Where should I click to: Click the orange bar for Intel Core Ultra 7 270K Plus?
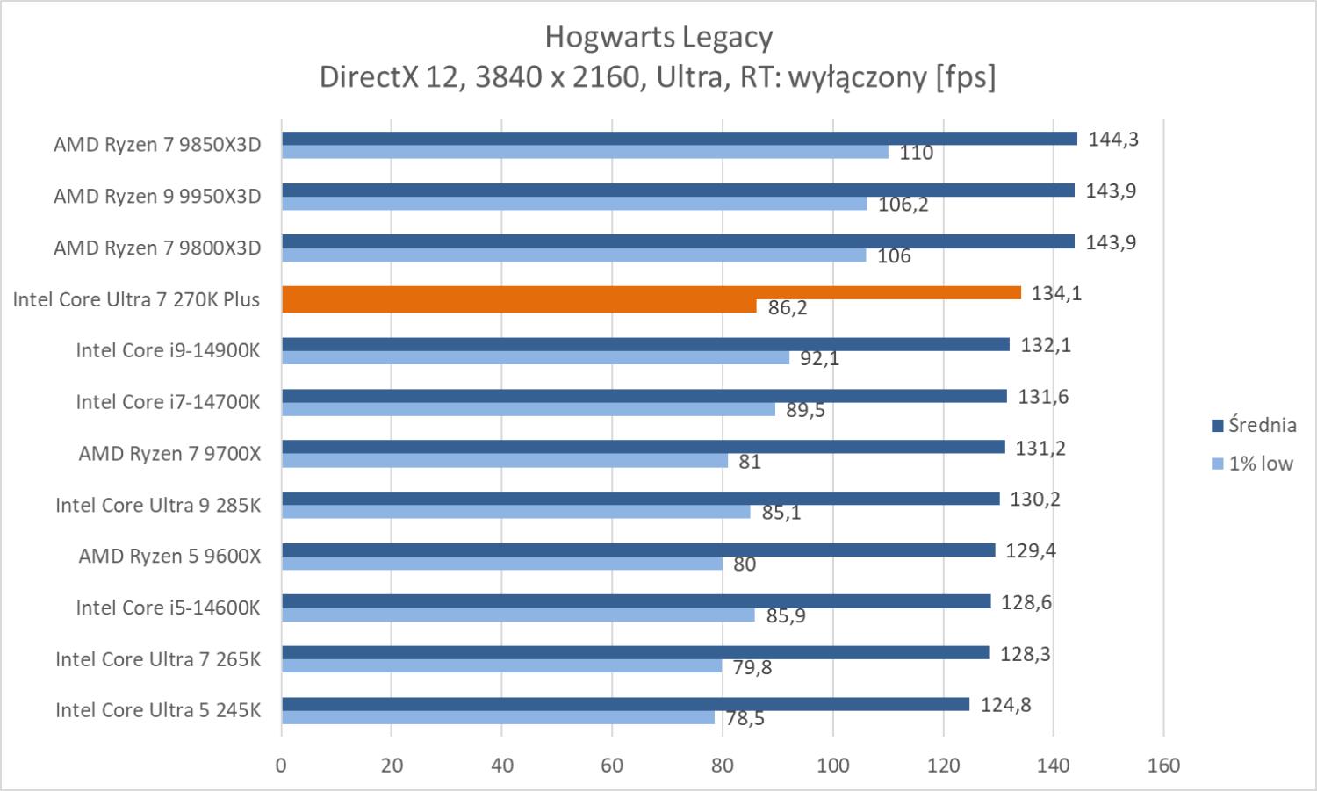[x=651, y=293]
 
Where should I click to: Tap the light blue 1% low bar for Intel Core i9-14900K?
[x=536, y=358]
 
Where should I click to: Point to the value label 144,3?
[x=1112, y=139]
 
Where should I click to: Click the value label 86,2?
[x=787, y=308]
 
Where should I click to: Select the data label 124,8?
[x=1005, y=705]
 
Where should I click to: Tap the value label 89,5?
[x=805, y=410]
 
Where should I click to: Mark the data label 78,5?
[x=745, y=719]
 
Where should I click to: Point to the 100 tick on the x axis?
[x=832, y=766]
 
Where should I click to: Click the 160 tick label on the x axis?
[x=1163, y=766]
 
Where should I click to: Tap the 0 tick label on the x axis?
[x=281, y=766]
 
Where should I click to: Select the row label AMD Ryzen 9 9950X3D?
[x=157, y=197]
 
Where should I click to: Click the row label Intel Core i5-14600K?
[x=168, y=608]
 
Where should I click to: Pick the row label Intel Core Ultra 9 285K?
[x=158, y=505]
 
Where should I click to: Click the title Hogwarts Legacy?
[x=658, y=38]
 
